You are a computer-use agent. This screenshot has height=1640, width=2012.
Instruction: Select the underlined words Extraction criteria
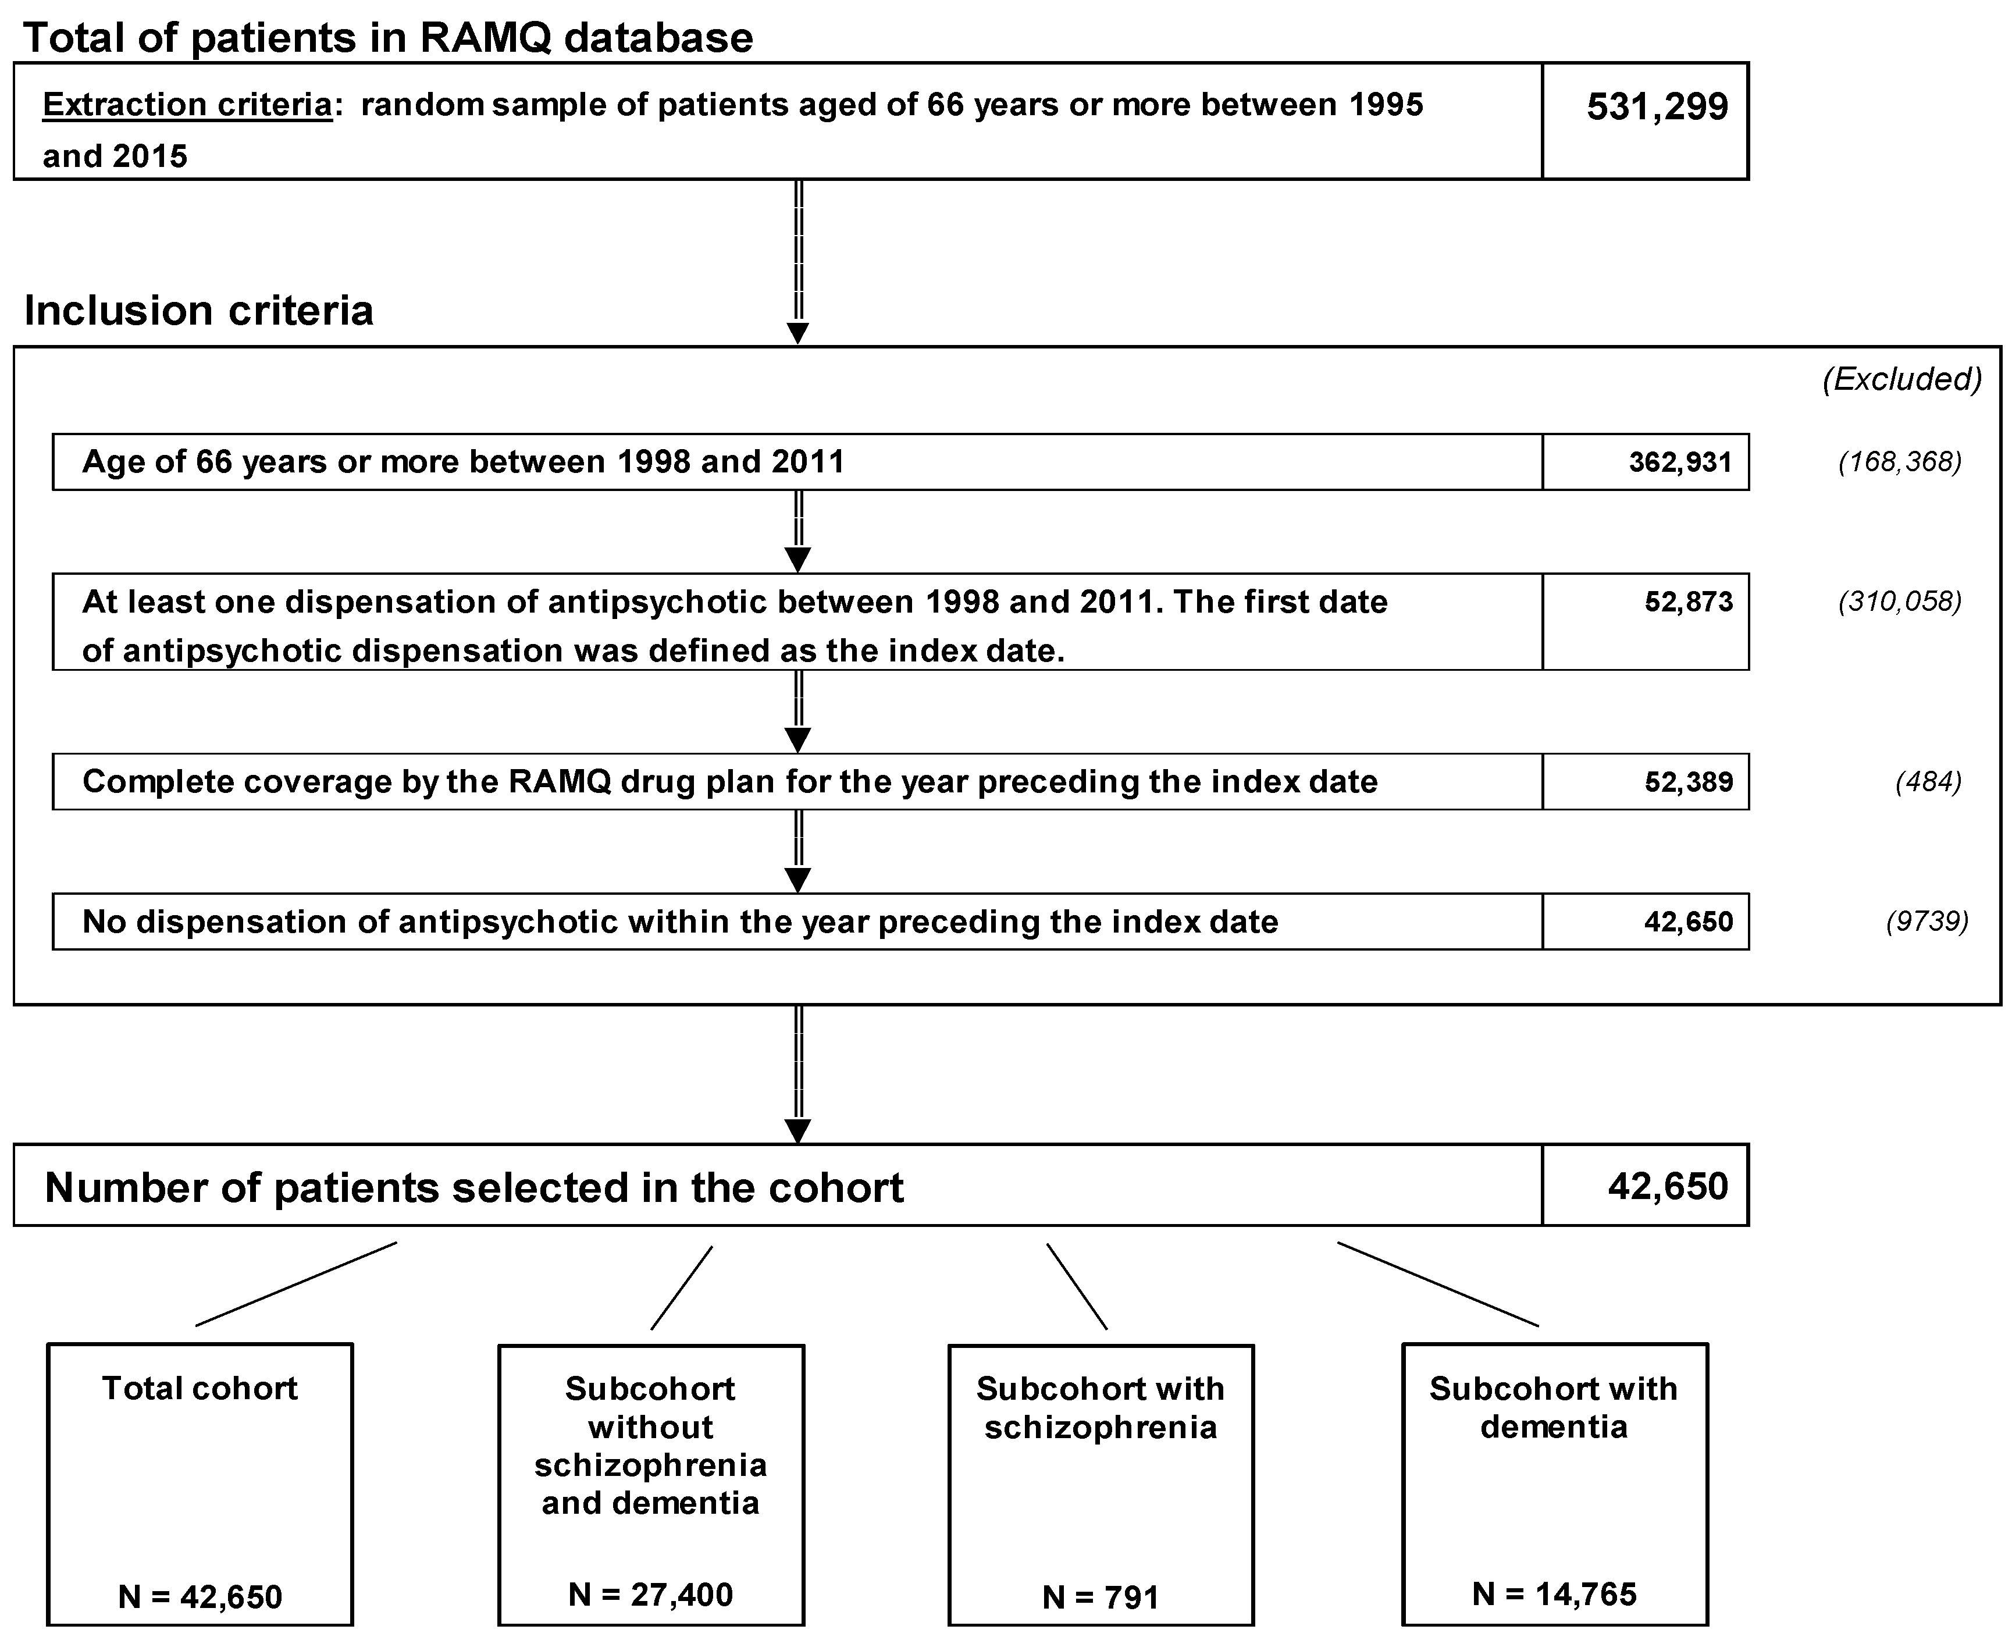[187, 104]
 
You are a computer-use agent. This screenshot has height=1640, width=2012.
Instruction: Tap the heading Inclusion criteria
[198, 310]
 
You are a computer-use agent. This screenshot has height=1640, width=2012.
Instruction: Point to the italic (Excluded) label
[1901, 379]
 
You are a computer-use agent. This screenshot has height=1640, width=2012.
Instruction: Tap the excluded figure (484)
[1928, 781]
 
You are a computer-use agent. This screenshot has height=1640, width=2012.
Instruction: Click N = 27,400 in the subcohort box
[651, 1595]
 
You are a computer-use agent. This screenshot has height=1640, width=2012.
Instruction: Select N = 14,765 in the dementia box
[1554, 1595]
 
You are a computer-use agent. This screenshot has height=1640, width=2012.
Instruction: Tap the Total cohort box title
[200, 1388]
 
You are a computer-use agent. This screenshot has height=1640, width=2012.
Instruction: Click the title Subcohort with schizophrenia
[1101, 1408]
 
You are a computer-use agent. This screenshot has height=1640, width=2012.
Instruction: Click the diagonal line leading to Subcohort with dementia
[1438, 1284]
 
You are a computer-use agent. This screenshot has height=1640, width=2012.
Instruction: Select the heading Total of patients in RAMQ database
[388, 38]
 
